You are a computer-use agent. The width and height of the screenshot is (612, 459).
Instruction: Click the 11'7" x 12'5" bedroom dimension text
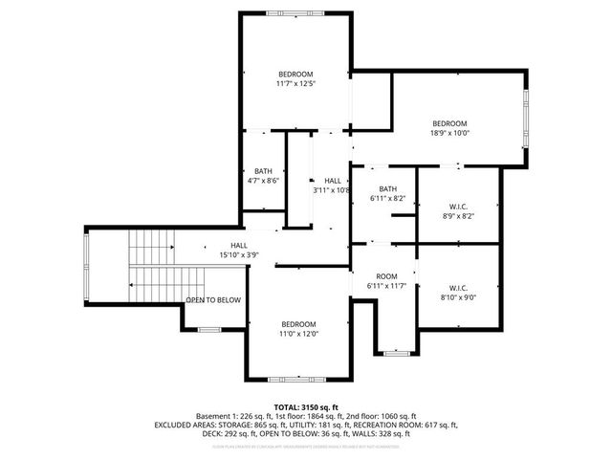295,84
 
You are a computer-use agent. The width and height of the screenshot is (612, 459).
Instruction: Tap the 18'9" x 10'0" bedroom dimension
448,133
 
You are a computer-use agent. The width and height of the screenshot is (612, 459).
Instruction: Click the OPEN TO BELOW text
213,300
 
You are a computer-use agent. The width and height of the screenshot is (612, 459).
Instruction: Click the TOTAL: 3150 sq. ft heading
306,407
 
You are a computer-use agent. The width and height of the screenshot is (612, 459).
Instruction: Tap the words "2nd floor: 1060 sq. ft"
382,417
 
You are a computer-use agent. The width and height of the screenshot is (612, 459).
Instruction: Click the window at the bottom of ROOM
396,353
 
